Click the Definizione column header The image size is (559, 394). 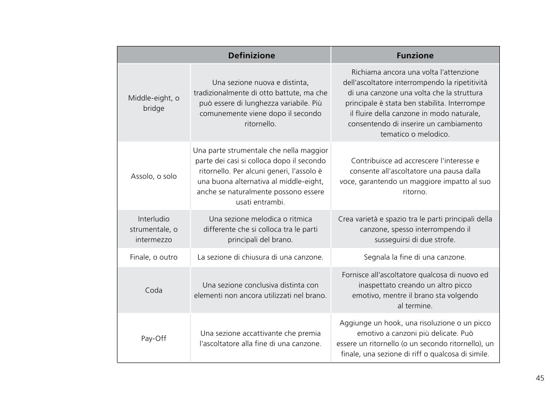(251, 55)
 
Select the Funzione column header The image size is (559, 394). (415, 55)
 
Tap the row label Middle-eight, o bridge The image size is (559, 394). (154, 103)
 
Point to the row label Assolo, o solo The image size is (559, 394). (154, 176)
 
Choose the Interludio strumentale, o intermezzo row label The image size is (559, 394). (154, 229)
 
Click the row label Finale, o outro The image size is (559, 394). (154, 257)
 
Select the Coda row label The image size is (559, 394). (154, 290)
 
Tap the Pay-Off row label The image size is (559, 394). (154, 338)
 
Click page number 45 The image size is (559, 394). (540, 378)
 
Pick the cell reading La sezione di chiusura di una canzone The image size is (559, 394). (260, 257)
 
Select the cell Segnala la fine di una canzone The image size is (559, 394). (415, 257)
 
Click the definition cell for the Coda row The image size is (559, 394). (260, 290)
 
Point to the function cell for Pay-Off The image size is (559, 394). (415, 339)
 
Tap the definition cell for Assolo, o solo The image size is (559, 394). (260, 176)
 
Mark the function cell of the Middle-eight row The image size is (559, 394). (415, 103)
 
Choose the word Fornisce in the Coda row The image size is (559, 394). (356, 275)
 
